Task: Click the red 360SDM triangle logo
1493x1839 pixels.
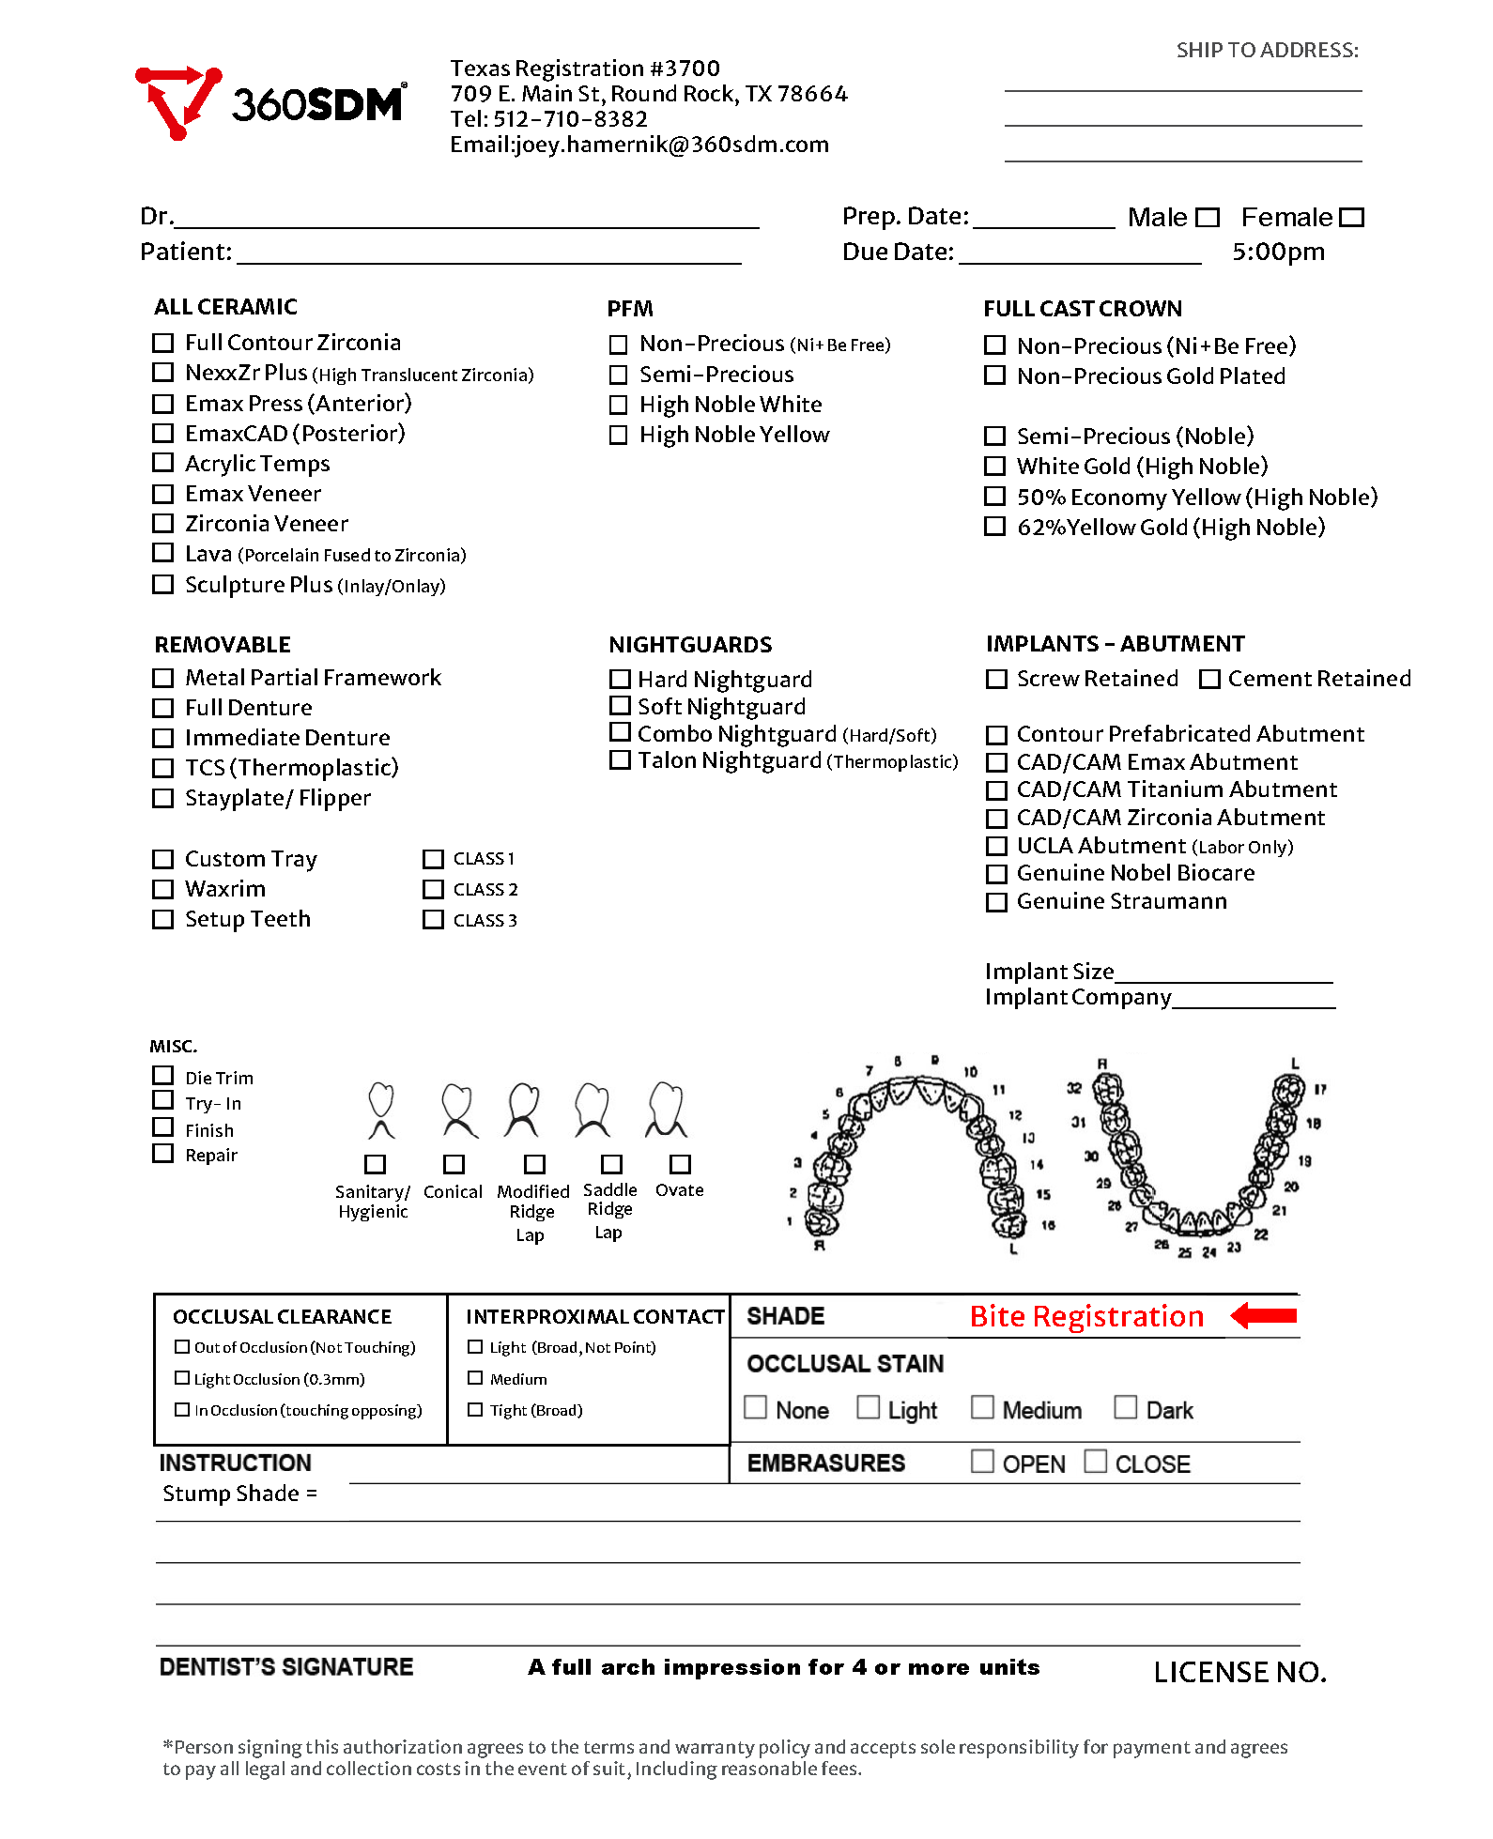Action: point(177,101)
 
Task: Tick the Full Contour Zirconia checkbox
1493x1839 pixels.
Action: point(163,343)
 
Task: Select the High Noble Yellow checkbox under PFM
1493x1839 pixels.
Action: point(618,435)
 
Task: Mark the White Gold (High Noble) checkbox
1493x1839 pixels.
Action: point(994,466)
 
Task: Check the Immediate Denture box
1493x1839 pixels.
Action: point(163,738)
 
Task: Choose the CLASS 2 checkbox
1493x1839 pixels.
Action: point(433,889)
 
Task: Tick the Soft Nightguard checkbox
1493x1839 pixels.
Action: point(620,705)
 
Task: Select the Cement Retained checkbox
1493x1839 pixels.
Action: point(1209,679)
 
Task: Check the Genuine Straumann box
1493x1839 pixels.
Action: point(996,902)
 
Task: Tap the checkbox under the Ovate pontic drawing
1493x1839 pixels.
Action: point(680,1164)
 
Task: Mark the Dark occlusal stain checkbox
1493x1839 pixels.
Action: point(1125,1407)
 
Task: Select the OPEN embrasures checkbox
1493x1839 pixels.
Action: point(982,1462)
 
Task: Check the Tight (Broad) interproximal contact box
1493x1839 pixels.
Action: point(475,1410)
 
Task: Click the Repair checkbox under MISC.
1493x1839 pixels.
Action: point(163,1154)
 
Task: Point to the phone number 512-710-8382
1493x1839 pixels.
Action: point(570,119)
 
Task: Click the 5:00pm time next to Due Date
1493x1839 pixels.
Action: point(1278,252)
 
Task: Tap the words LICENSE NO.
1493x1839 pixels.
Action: point(1239,1672)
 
